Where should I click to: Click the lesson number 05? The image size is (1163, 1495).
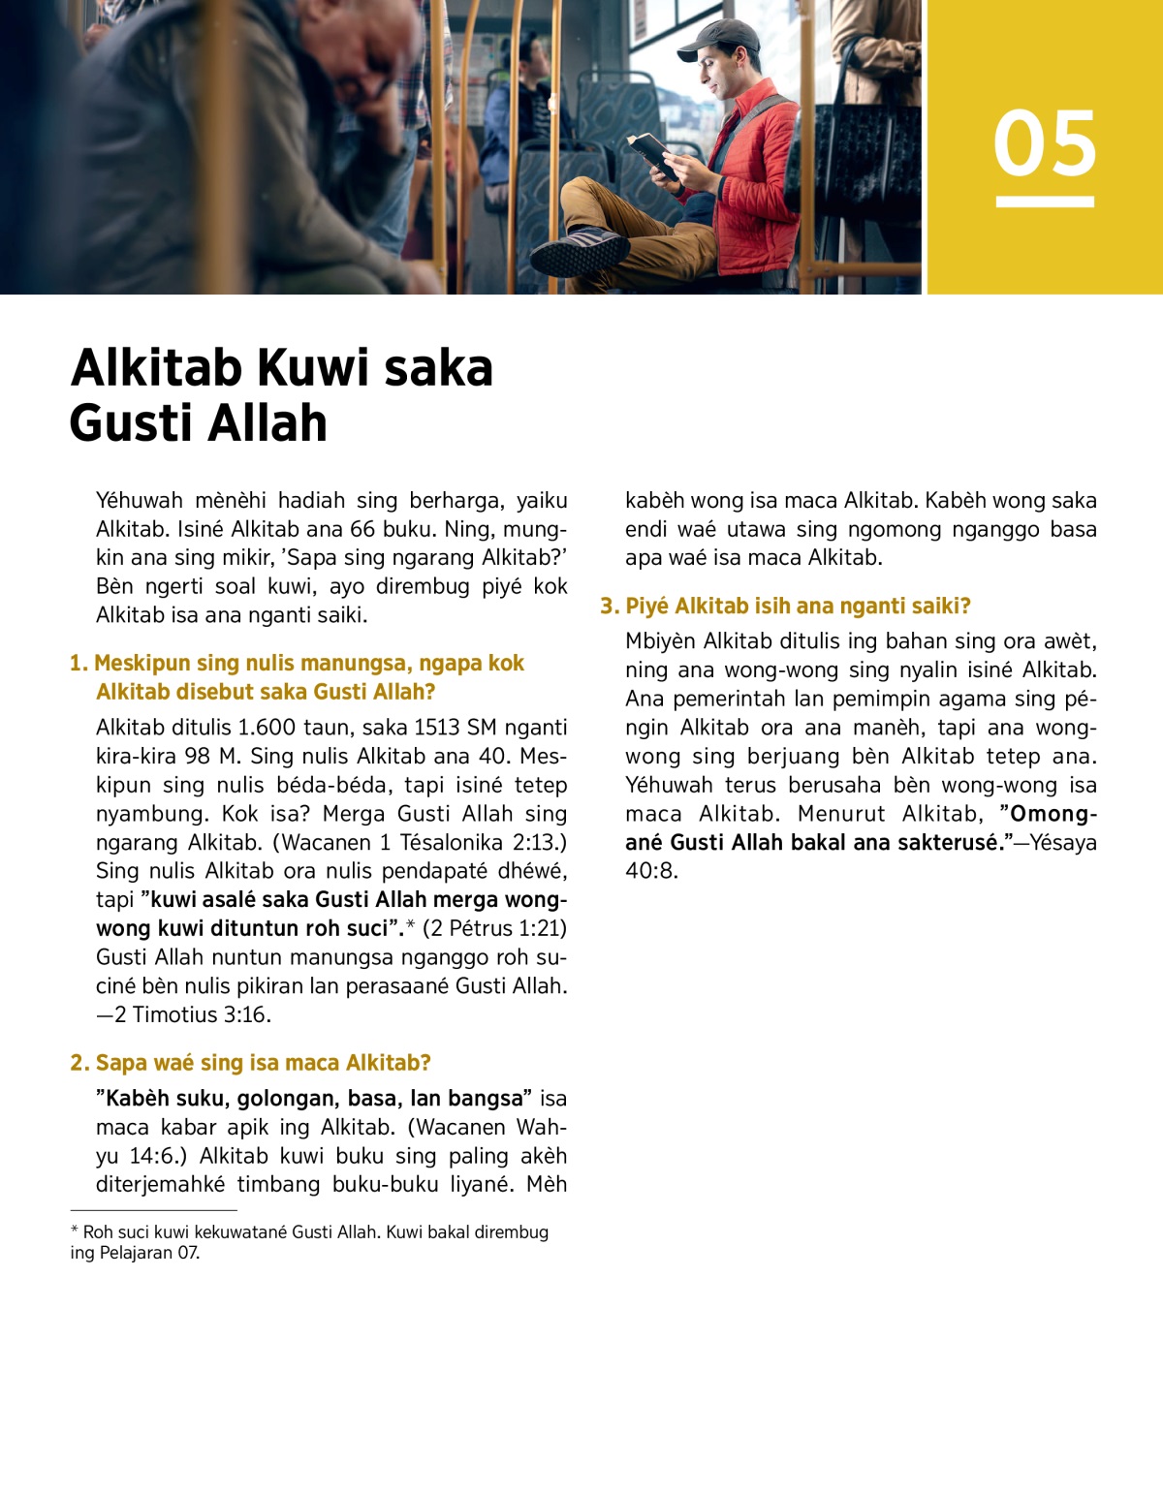[x=1045, y=143]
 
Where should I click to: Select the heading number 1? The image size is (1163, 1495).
[x=79, y=664]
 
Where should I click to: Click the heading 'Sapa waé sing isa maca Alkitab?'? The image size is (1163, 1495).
[x=263, y=1063]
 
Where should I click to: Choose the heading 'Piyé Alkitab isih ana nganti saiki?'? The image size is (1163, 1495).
[x=798, y=607]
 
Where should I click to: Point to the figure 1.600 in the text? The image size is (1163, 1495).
[x=271, y=728]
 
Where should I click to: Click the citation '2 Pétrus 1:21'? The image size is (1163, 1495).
[x=494, y=928]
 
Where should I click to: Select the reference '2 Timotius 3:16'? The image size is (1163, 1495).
[x=192, y=1014]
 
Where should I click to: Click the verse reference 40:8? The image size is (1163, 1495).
[x=651, y=870]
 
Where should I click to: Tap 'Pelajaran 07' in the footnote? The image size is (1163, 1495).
[x=148, y=1253]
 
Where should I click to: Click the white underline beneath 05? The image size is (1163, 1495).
[x=1045, y=202]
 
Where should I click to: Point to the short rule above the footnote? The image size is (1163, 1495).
[x=153, y=1210]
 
